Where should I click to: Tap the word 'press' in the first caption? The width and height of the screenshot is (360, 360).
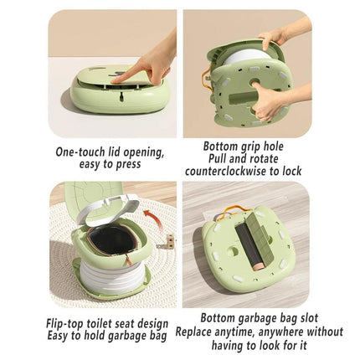point(128,165)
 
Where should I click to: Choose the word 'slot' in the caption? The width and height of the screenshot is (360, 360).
point(309,318)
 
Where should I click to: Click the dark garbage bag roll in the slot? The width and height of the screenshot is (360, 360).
point(249,245)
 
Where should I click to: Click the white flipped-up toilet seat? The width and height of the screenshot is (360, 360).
point(111,212)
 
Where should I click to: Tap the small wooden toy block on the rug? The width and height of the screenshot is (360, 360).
point(169,239)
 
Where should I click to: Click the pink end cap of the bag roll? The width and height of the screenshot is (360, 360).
point(259,266)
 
